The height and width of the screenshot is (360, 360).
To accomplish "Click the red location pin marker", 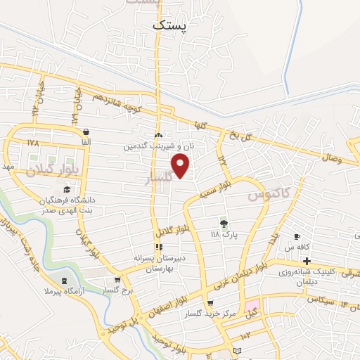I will [181, 167].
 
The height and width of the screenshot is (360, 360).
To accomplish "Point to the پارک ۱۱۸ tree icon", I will [224, 223].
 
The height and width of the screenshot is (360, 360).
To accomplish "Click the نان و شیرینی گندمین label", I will [159, 147].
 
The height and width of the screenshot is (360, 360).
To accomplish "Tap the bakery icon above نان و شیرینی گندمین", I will [159, 136].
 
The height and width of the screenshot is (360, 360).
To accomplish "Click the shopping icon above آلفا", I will [85, 132].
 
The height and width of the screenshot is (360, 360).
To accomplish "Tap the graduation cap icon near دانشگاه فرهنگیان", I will [67, 189].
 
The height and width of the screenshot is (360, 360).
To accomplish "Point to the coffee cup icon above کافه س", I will [297, 236].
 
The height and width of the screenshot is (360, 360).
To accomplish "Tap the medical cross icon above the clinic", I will [307, 262].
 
